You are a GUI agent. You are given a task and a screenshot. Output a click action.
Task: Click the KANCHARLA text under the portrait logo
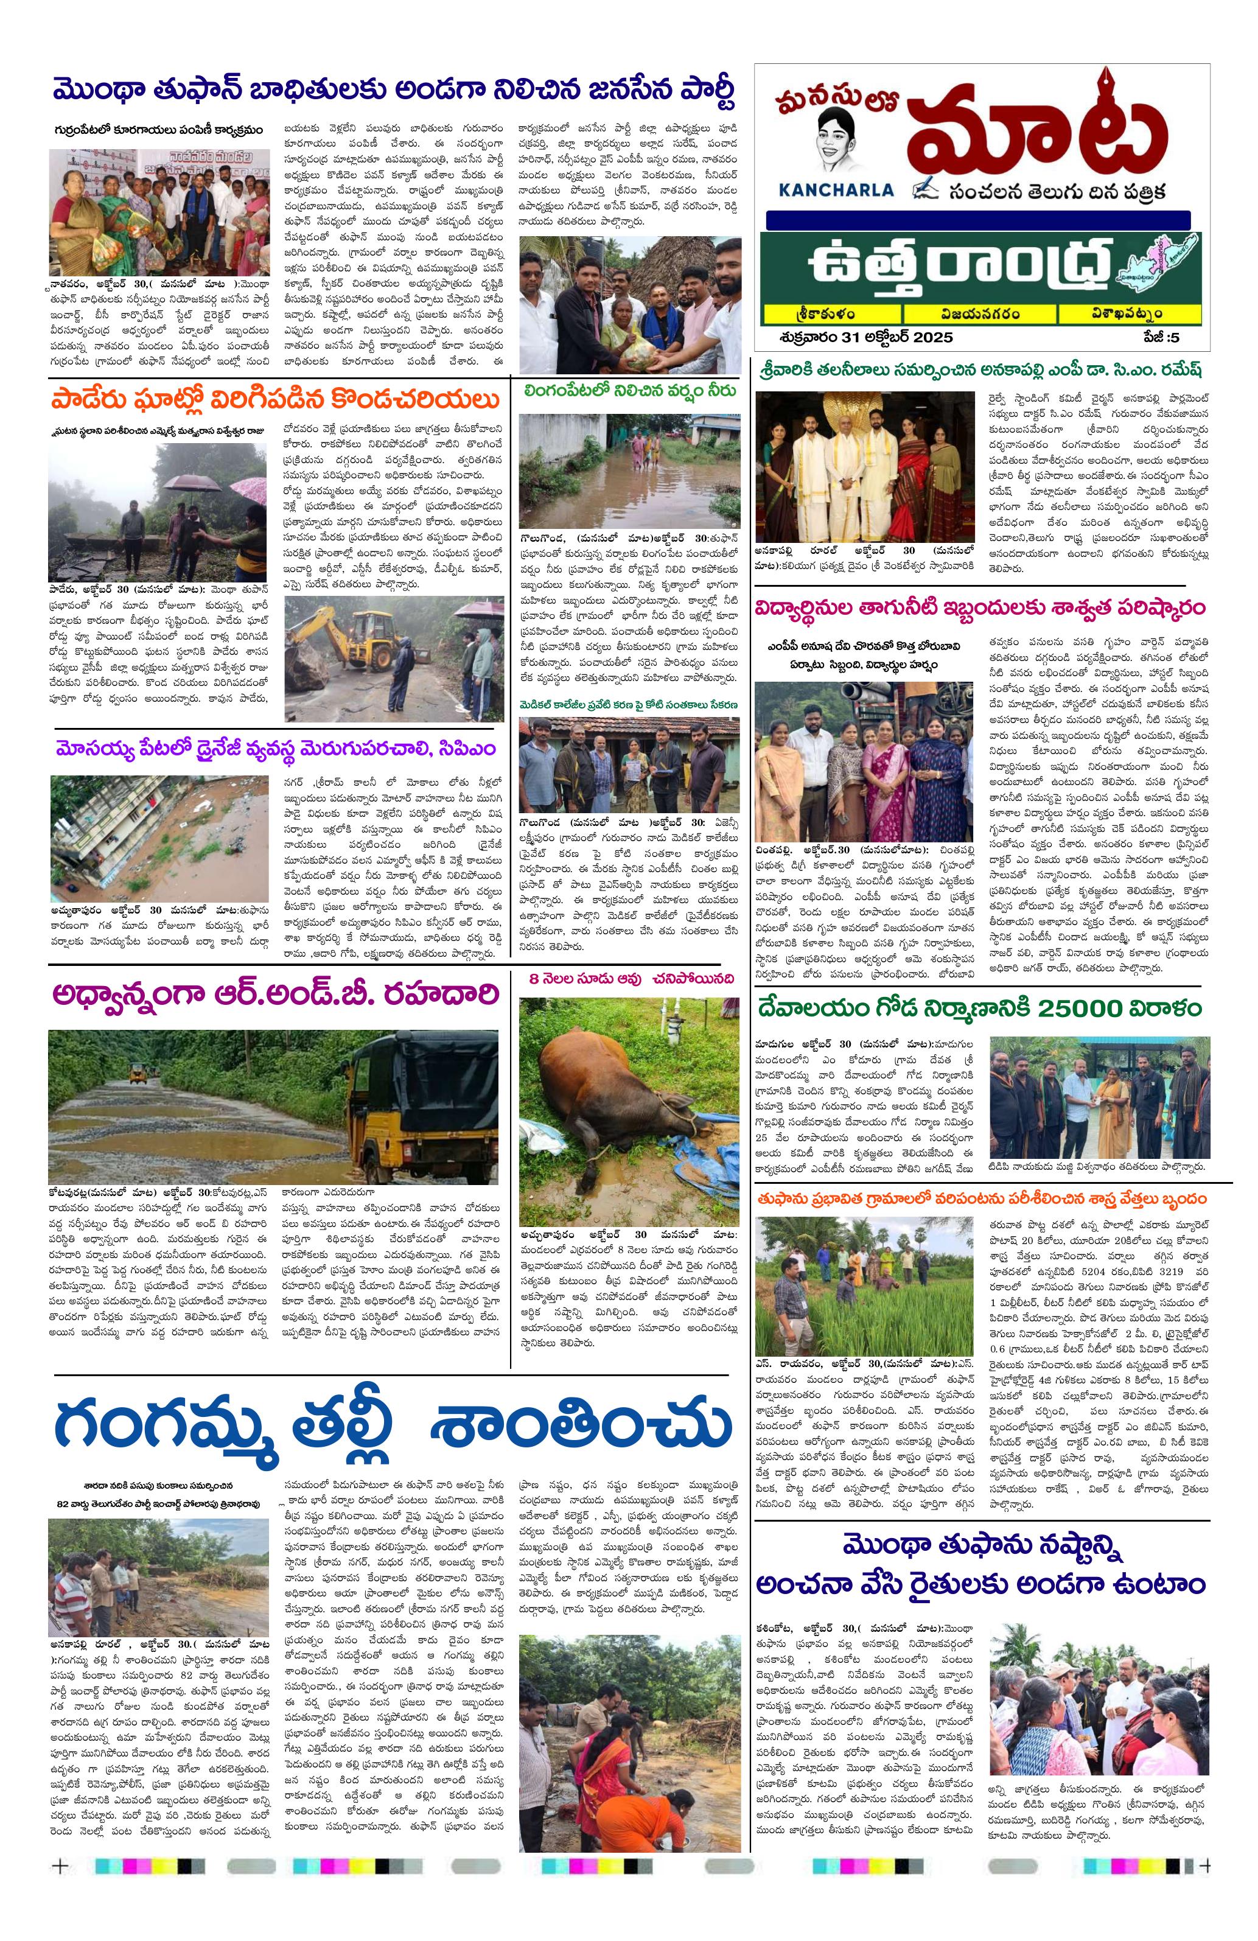[x=836, y=189]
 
